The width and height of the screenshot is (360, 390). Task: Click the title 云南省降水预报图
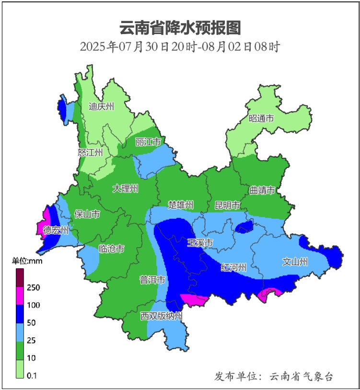(180, 28)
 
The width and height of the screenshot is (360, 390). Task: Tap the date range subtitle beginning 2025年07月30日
(180, 47)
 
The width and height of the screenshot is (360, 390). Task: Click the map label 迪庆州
(102, 106)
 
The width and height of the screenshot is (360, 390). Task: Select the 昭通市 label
(261, 118)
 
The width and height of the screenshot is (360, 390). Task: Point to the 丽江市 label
(148, 142)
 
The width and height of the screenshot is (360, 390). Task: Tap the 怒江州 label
(90, 153)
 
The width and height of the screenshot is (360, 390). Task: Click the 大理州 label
(125, 189)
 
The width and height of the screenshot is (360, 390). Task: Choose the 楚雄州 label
(180, 205)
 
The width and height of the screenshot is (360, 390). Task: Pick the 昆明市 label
(227, 205)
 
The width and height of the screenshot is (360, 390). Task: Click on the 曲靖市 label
(262, 190)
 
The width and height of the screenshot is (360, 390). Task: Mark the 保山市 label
(87, 214)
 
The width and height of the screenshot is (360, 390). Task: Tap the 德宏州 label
(56, 230)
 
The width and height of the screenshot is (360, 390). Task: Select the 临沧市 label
(111, 248)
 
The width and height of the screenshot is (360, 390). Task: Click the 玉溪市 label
(200, 242)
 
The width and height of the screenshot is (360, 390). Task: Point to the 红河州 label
(233, 267)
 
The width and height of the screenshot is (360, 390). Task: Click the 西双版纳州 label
(162, 316)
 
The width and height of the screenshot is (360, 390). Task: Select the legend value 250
(33, 287)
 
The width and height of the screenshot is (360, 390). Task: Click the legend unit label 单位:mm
(27, 261)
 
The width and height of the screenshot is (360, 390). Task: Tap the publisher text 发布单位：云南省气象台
(273, 376)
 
